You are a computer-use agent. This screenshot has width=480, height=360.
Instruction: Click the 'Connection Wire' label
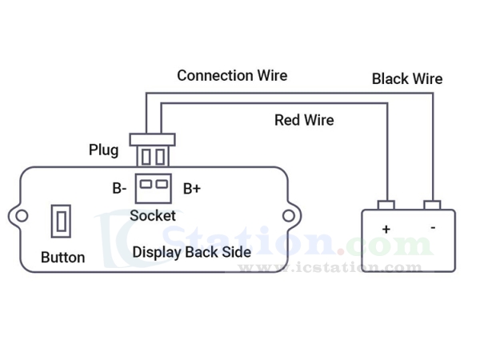[232, 76]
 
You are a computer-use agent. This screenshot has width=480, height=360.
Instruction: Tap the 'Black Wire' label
[406, 79]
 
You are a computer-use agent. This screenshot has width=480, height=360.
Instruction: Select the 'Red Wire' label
[304, 120]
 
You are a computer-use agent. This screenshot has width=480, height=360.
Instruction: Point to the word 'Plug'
[103, 150]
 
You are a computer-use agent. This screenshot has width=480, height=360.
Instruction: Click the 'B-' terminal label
[119, 189]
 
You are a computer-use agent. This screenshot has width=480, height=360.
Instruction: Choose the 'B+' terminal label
[192, 189]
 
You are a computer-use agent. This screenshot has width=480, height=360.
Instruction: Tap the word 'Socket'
[153, 215]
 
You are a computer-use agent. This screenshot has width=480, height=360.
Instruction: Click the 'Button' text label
[62, 258]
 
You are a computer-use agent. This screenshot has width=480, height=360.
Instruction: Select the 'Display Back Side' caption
[192, 252]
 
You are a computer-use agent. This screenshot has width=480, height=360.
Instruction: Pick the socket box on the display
[153, 188]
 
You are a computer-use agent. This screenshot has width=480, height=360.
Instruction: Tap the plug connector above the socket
[153, 152]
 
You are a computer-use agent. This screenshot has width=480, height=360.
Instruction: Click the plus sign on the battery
[386, 229]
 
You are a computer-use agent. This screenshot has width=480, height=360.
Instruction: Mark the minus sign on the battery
[433, 227]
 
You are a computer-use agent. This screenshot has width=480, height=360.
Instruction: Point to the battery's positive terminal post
[386, 204]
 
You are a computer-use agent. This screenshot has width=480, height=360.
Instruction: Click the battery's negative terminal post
[433, 204]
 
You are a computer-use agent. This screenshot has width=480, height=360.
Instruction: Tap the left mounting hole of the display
[22, 215]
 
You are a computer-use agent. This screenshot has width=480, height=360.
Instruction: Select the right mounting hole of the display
[288, 215]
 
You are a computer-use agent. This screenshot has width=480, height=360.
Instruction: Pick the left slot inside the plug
[146, 154]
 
